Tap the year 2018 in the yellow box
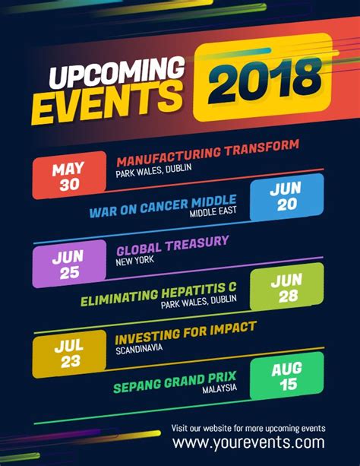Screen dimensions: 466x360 coord(262,79)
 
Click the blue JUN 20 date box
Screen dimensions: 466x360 coord(286,196)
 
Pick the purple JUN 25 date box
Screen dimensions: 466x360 coord(69,264)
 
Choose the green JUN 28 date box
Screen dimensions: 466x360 coord(286,287)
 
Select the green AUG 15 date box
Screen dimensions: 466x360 coord(286,376)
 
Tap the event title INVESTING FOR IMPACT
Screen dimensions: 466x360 coord(185,332)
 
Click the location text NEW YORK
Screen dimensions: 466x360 coord(134,260)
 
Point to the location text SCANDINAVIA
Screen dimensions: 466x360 coord(141,350)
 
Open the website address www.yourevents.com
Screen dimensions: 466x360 coord(248,442)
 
